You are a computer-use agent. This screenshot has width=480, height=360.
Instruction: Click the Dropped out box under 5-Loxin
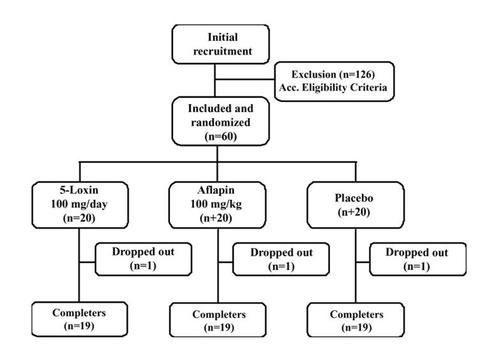[x=143, y=259]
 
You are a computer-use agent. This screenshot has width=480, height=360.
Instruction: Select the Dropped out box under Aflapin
[x=281, y=259]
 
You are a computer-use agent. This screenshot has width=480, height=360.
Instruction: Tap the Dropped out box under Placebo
[x=416, y=259]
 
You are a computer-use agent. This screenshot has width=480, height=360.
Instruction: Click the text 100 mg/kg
[x=217, y=205]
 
